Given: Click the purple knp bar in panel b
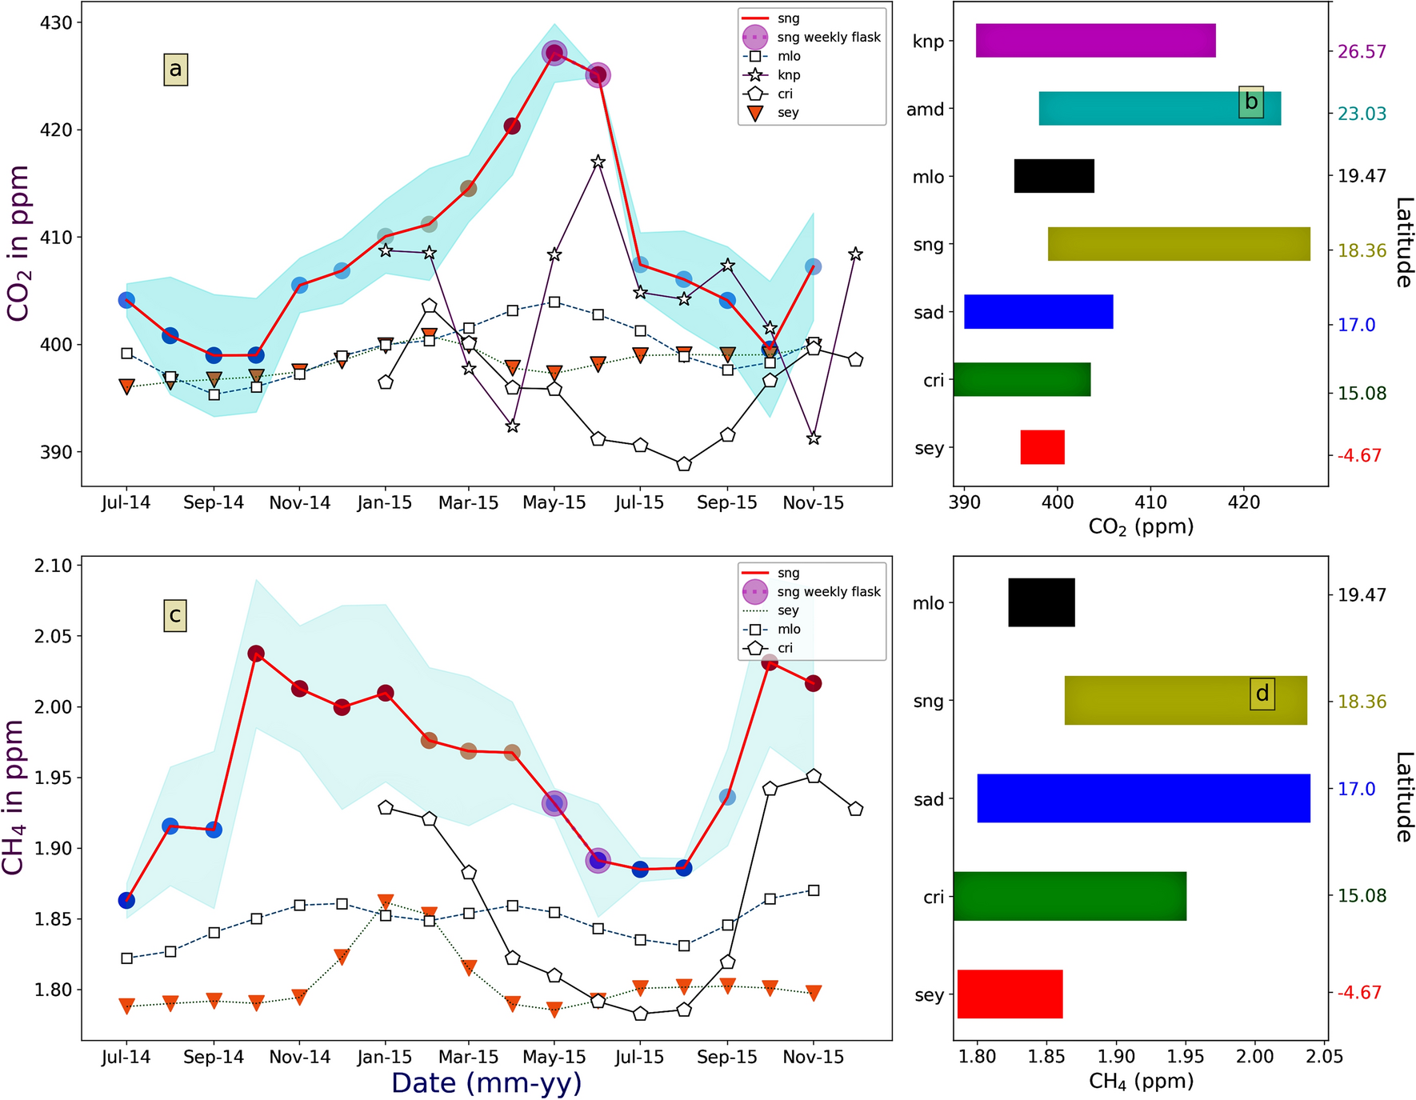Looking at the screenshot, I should click(1095, 41).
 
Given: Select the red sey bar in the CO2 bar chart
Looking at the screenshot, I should click(1042, 447).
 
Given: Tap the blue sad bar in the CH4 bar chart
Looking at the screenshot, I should click(1143, 798).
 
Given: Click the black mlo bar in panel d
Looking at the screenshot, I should click(1041, 602).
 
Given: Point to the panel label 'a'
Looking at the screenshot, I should click(175, 70).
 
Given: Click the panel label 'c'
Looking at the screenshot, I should click(174, 616).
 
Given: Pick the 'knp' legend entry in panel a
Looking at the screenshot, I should click(788, 75).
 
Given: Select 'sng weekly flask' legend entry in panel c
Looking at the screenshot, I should click(828, 592).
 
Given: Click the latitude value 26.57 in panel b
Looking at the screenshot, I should click(1362, 51).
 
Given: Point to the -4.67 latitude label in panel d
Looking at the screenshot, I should click(1359, 993).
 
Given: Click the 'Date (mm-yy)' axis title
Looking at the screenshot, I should click(486, 1082).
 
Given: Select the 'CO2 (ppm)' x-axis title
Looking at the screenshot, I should click(1141, 526).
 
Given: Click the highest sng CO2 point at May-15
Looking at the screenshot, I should click(554, 54).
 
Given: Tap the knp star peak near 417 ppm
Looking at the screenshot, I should click(598, 162).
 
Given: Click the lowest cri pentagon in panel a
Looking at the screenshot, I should click(683, 464).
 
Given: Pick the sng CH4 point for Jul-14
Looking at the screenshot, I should click(126, 900).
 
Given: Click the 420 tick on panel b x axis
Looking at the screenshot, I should click(1243, 502).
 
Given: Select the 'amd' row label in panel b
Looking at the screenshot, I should click(925, 110).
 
